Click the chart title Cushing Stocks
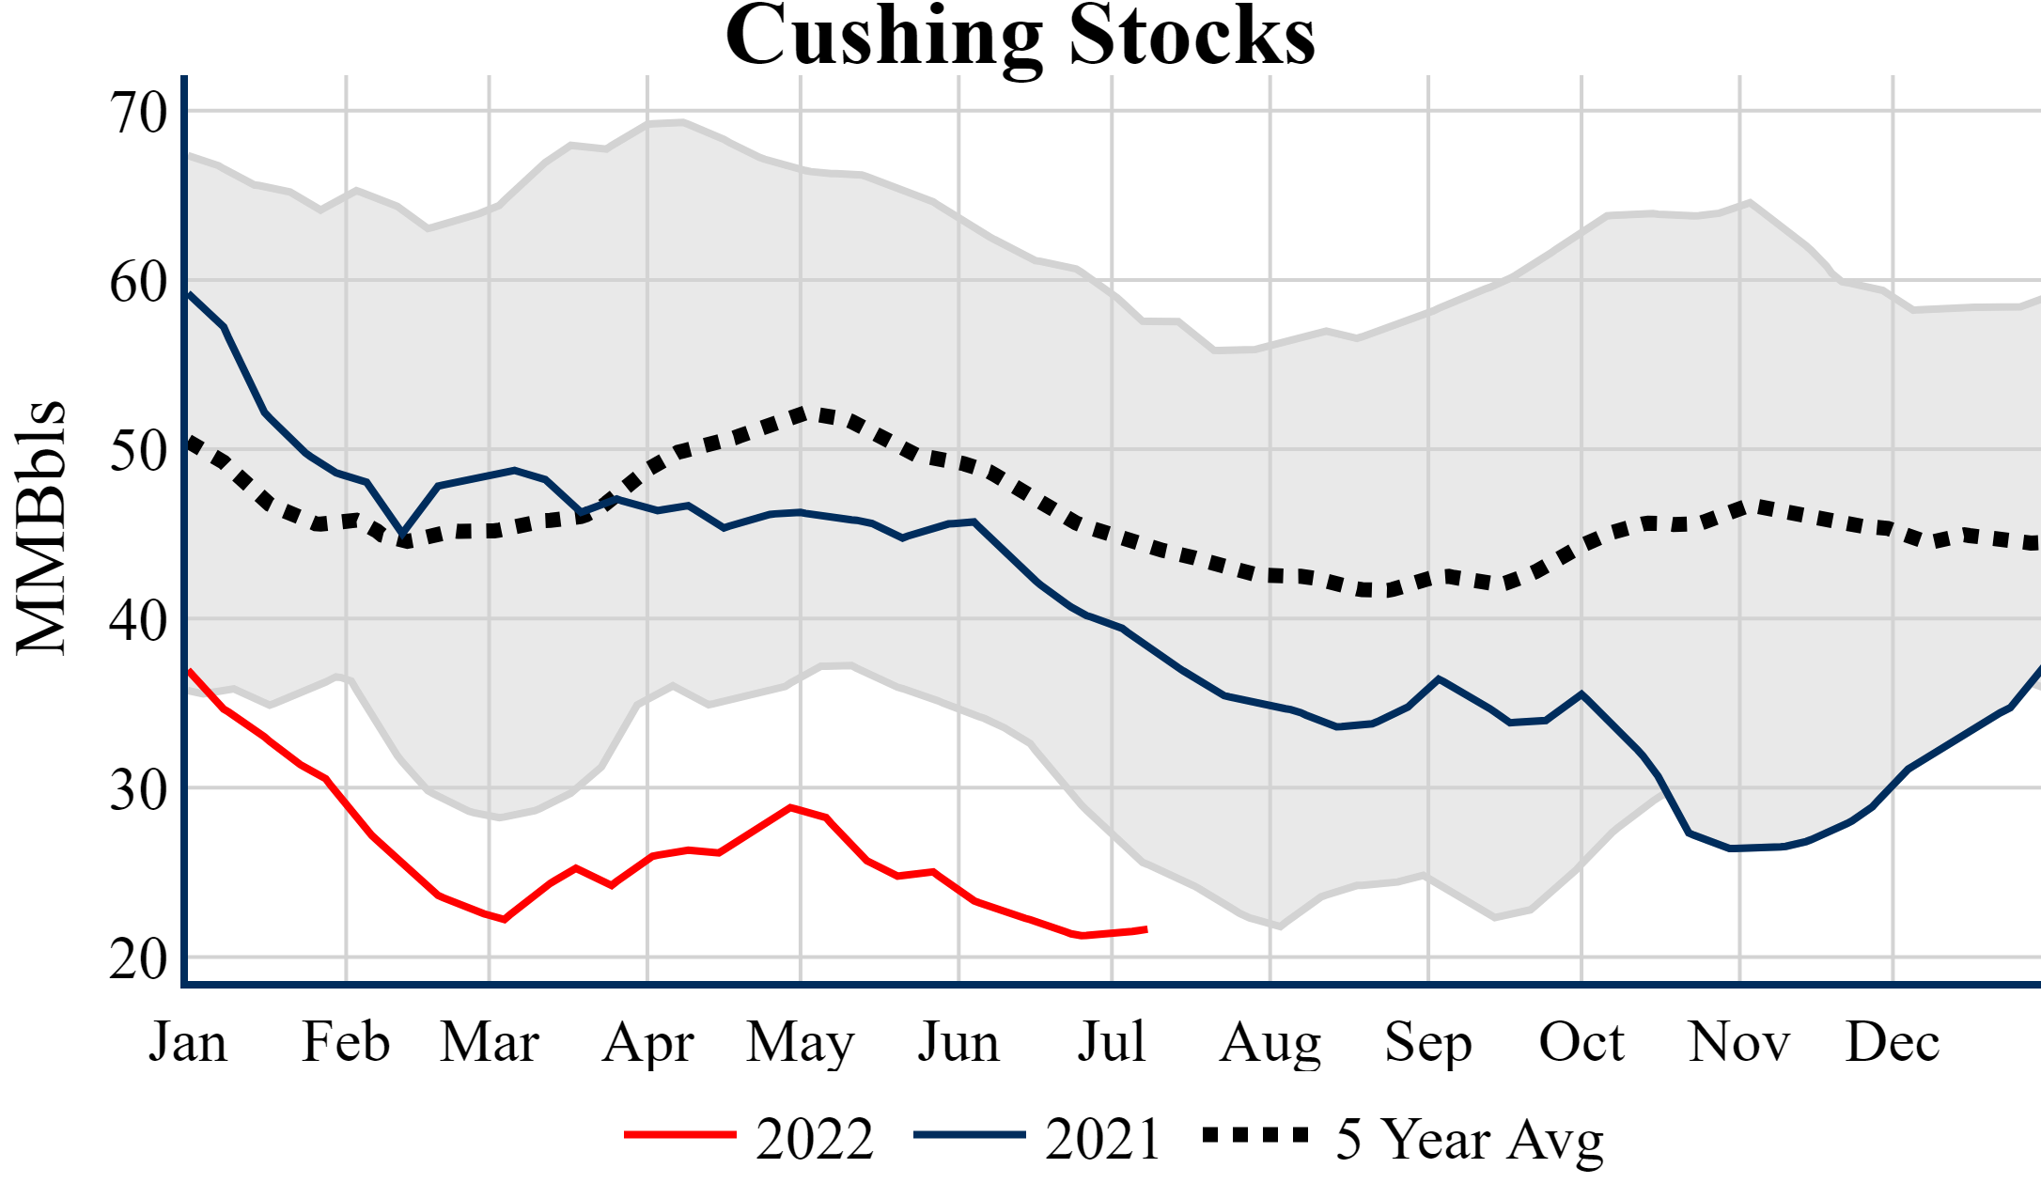1020,36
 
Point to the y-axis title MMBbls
41,527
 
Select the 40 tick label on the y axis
139,620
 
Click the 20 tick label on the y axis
139,959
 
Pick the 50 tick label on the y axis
139,451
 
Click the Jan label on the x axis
188,1042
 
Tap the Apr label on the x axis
647,1042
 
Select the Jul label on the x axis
1112,1042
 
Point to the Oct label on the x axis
1581,1042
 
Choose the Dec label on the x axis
1892,1042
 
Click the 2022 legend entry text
815,1139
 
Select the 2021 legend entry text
1103,1139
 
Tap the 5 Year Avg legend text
1470,1139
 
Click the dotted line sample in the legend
1255,1136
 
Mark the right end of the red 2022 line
1145,929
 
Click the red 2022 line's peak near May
791,807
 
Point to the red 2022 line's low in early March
505,919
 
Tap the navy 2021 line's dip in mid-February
403,533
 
